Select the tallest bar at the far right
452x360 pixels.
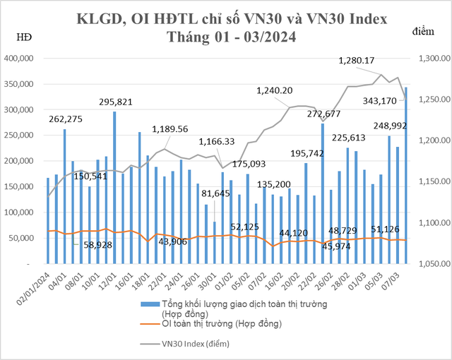coord(405,176)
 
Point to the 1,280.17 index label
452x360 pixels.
coord(367,61)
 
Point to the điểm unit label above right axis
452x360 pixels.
coord(426,31)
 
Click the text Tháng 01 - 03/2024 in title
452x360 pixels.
coord(231,37)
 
